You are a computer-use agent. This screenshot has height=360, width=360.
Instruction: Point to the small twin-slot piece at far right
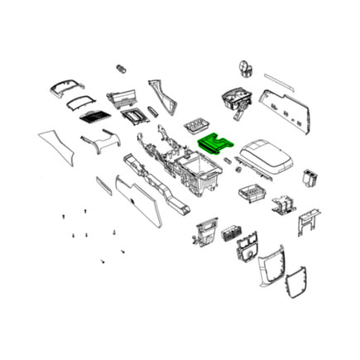click(312, 175)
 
